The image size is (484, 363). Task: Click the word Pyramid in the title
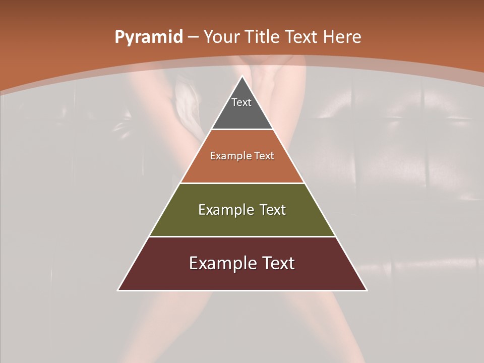149,37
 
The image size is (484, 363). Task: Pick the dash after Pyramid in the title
193,37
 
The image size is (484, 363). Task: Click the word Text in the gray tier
241,102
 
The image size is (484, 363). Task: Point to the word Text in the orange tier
264,156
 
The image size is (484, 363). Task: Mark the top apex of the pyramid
242,76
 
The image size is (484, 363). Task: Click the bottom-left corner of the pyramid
118,290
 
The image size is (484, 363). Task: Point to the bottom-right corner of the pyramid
367,290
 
